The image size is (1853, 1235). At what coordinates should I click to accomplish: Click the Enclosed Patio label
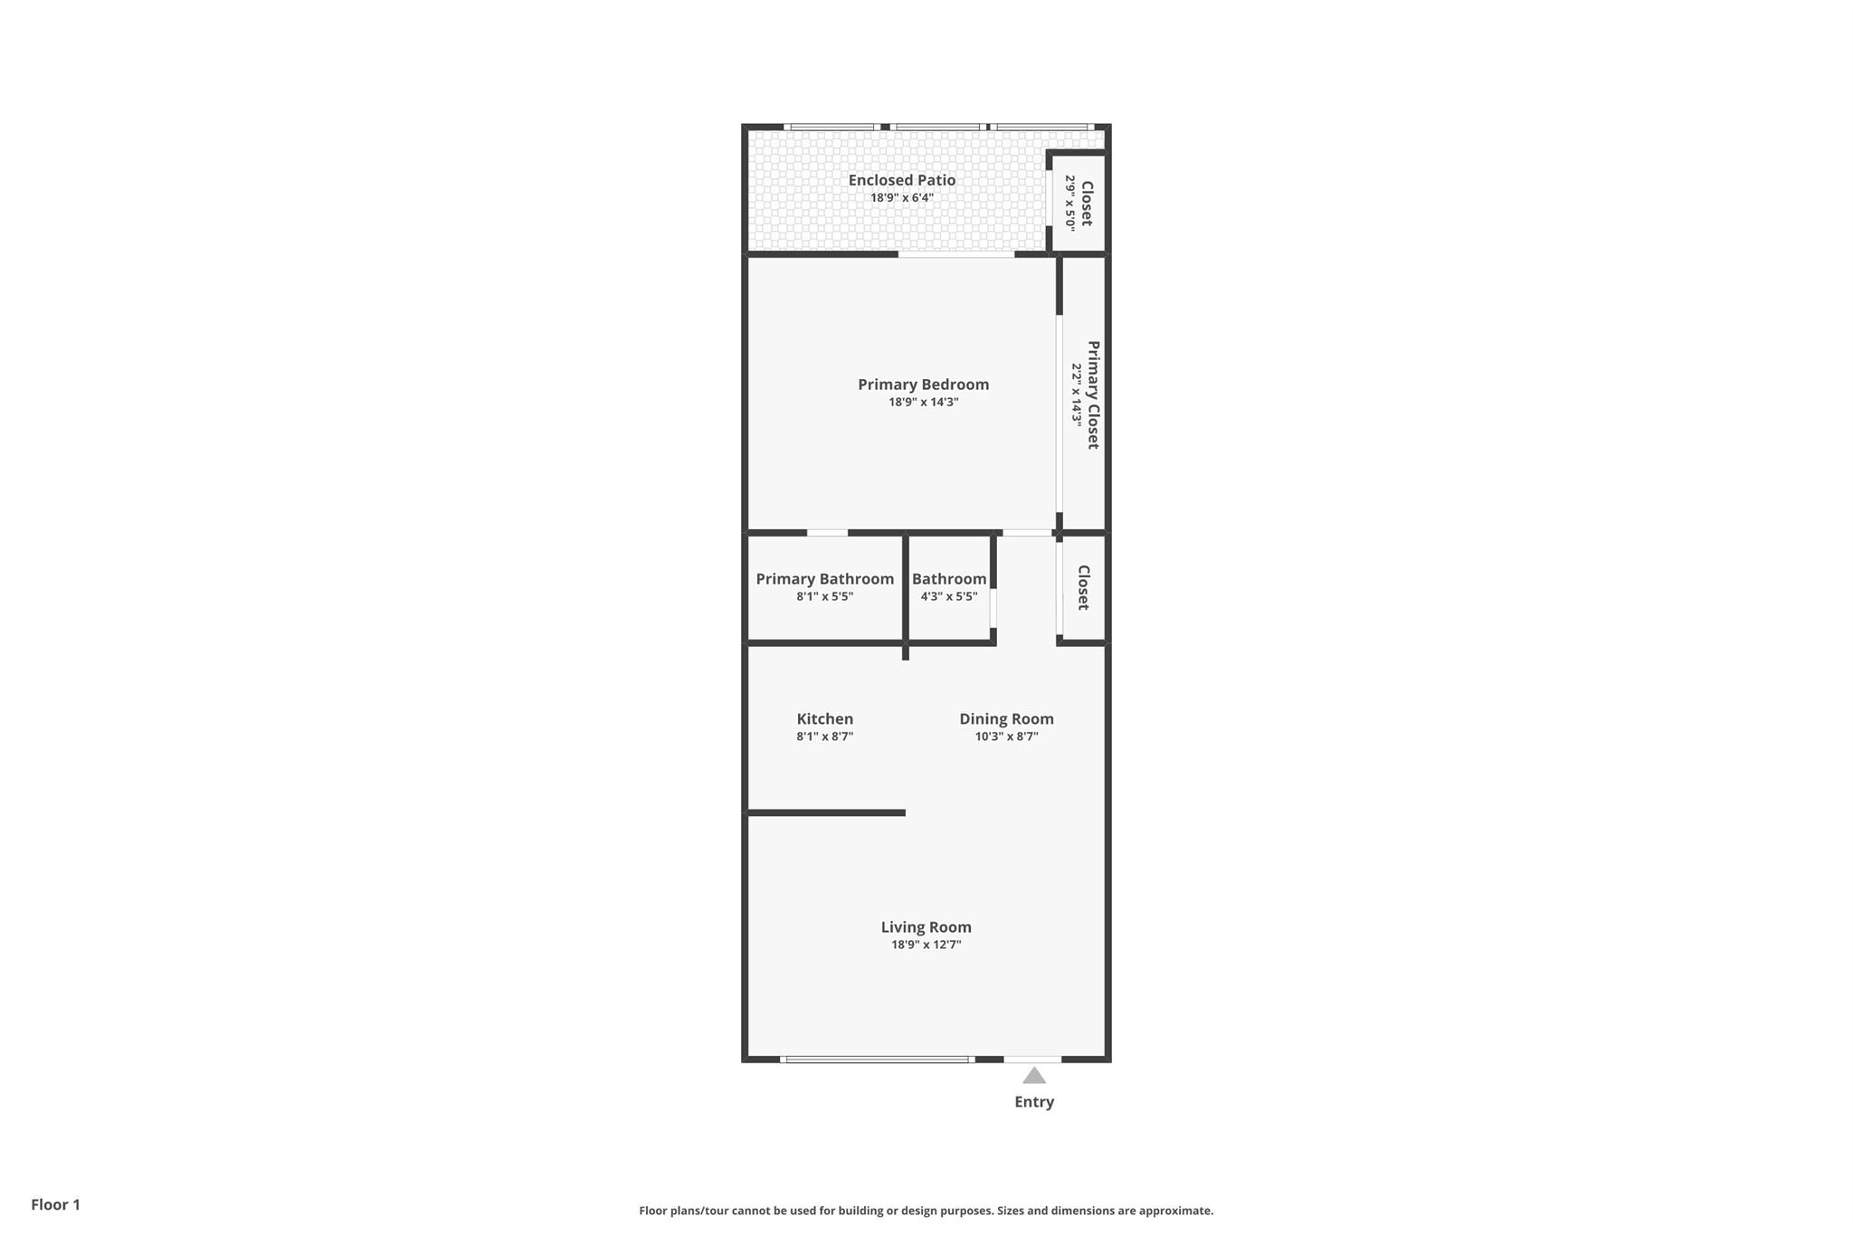point(901,180)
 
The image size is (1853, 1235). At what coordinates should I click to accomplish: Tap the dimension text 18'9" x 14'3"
point(923,402)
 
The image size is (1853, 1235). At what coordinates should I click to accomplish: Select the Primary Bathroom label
point(824,579)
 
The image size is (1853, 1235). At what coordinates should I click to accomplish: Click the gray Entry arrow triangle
point(1034,1076)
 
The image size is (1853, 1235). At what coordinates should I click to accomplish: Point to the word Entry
point(1034,1102)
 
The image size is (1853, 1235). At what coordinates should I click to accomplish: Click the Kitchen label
point(824,719)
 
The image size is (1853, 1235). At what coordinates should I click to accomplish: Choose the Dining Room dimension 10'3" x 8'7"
point(1006,736)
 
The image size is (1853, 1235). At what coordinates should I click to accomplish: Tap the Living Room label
point(926,927)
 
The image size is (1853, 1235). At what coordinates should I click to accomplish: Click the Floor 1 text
point(55,1204)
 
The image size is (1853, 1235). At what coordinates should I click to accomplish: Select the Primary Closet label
point(1093,394)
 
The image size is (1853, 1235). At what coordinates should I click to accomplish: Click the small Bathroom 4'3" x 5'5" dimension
point(948,596)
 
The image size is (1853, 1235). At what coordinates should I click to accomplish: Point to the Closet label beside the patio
point(1087,203)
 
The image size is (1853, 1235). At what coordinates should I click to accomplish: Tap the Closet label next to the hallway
point(1084,588)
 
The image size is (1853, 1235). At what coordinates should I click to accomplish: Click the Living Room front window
point(877,1059)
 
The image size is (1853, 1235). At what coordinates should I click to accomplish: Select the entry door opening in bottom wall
point(1032,1059)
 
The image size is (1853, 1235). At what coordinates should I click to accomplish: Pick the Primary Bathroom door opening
point(827,533)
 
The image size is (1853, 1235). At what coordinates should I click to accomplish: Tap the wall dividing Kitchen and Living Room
point(825,812)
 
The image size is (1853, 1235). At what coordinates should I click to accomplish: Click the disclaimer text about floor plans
point(926,1211)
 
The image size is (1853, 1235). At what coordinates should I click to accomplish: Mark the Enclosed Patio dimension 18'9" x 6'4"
point(901,197)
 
